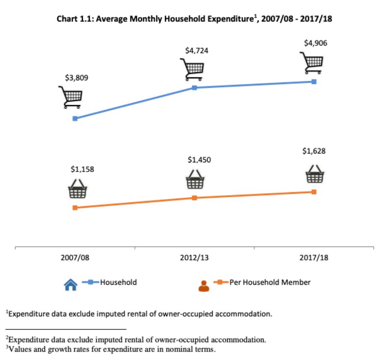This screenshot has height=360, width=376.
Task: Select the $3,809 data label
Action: [76, 78]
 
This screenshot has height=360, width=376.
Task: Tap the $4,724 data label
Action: [197, 50]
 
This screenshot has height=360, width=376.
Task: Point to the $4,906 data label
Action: [316, 42]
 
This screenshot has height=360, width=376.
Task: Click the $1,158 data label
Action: [82, 169]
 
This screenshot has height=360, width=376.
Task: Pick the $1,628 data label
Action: [313, 151]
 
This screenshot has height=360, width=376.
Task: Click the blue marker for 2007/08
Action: [75, 119]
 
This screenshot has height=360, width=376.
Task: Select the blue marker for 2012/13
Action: [195, 87]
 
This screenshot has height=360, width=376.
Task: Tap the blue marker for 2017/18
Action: [314, 82]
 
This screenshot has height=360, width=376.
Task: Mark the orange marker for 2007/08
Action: [75, 208]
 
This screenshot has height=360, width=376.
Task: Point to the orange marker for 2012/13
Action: [195, 198]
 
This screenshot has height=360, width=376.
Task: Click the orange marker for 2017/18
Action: [314, 192]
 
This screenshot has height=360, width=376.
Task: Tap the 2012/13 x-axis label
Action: [195, 258]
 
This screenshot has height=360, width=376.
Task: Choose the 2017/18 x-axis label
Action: [314, 258]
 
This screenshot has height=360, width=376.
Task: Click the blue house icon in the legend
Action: [71, 286]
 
